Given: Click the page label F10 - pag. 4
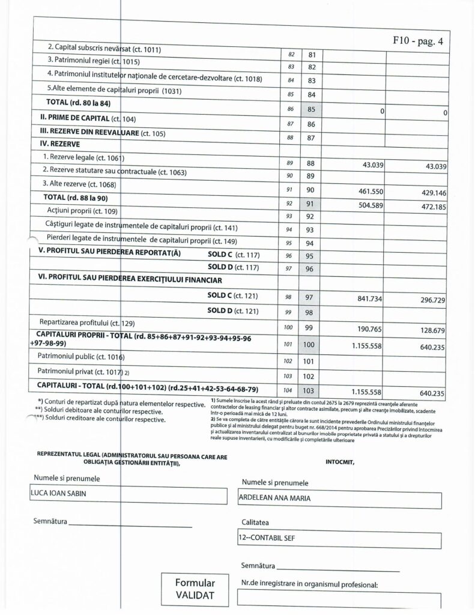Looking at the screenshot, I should point(418,43).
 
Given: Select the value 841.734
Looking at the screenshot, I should point(362,298).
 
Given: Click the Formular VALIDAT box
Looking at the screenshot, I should point(194,589).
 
